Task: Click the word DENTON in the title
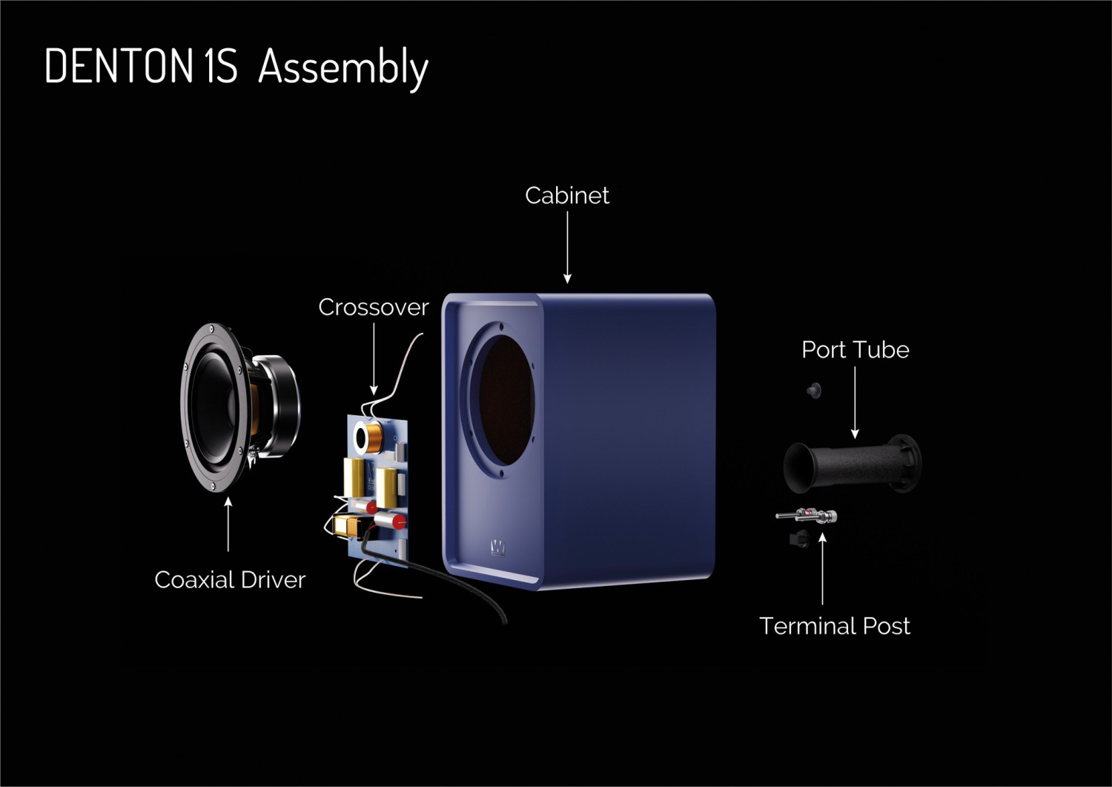(119, 65)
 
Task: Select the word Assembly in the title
(343, 68)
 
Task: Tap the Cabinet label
(567, 195)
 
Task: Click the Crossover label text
(374, 307)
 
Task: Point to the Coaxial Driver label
(230, 580)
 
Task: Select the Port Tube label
(855, 350)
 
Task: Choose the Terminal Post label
(835, 625)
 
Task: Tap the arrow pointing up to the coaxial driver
(228, 524)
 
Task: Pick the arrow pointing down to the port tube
(855, 403)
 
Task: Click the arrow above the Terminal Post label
(823, 568)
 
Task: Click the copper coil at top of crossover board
(374, 435)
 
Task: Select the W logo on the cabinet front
(497, 547)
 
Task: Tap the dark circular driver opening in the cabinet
(506, 401)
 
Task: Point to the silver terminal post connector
(807, 516)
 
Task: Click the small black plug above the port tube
(814, 390)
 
